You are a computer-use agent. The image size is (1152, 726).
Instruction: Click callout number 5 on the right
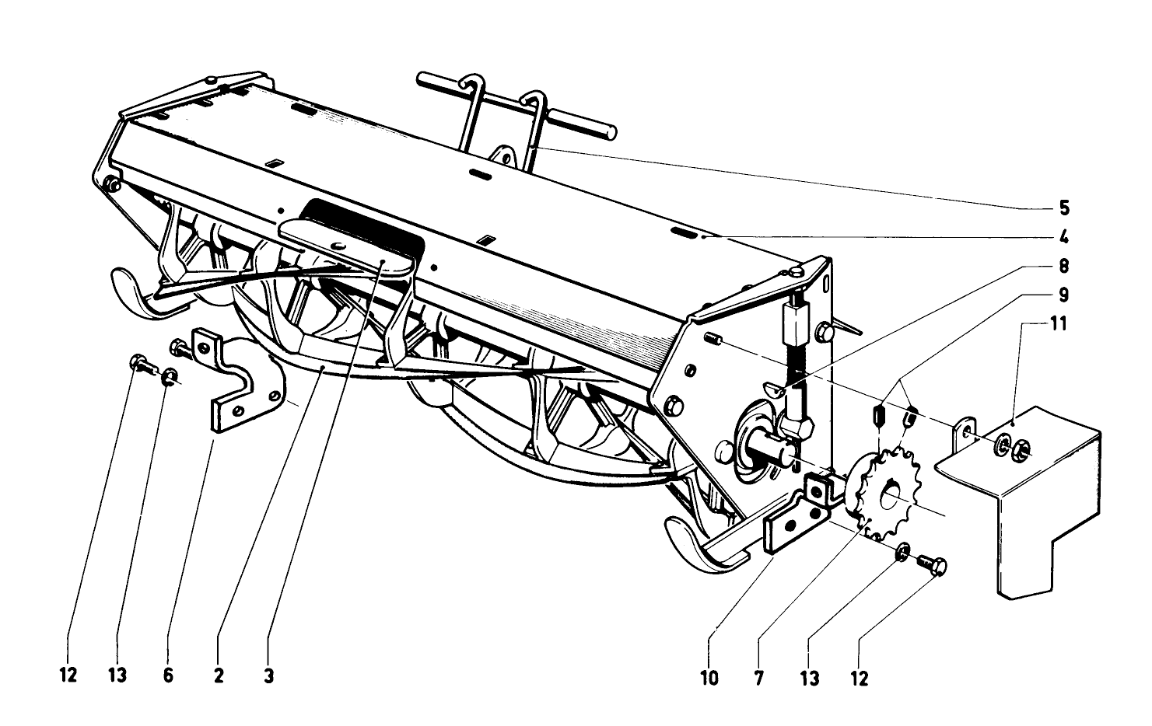coord(1063,208)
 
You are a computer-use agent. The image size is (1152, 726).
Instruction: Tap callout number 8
coord(1063,267)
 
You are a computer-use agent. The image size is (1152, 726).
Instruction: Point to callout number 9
coord(1063,296)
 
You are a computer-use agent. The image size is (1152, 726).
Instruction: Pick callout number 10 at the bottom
coord(709,678)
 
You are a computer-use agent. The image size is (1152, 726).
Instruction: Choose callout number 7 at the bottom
coord(758,678)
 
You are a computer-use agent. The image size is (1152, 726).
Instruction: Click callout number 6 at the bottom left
coord(168,675)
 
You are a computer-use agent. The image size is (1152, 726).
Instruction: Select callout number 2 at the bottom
coord(219,675)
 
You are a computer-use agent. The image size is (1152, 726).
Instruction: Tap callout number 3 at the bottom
coord(268,675)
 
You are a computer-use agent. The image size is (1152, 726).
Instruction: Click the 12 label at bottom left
coord(68,675)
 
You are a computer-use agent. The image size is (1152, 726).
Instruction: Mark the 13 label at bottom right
coord(810,679)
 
